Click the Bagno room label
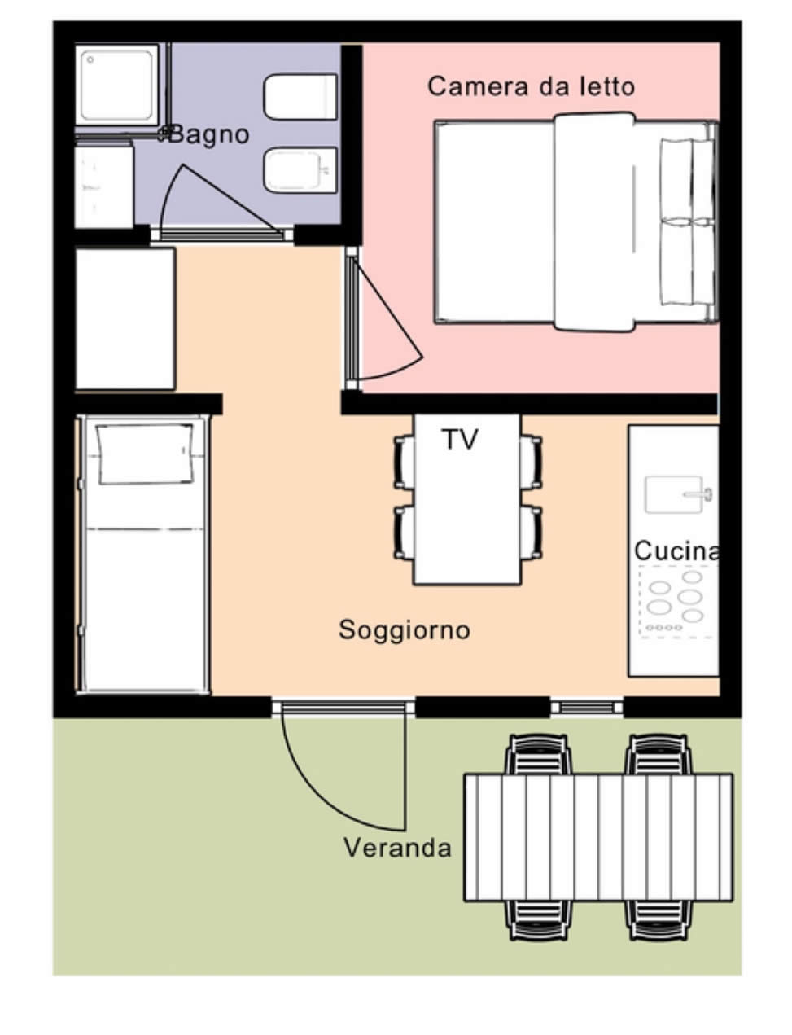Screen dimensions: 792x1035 pos(208,134)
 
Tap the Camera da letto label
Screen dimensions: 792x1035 pos(531,86)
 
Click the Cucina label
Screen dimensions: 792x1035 pos(676,551)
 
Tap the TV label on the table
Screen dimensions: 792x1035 pos(460,439)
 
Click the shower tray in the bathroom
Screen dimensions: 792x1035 pos(117,86)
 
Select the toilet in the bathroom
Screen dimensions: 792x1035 pos(300,97)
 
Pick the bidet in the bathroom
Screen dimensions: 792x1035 pos(300,170)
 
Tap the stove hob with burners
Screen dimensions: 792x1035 pos(676,602)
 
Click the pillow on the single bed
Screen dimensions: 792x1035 pos(145,454)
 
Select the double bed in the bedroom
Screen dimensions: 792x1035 pos(576,221)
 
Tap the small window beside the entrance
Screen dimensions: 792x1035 pos(587,707)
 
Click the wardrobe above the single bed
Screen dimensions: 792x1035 pos(125,318)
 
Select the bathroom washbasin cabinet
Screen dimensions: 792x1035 pos(103,185)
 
